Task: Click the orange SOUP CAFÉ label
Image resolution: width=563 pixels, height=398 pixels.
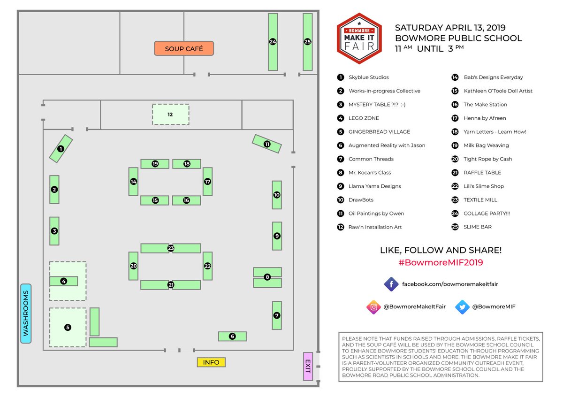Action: [x=184, y=49]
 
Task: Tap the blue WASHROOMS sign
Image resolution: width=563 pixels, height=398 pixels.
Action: [x=26, y=314]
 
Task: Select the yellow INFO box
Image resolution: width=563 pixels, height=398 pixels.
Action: [x=211, y=362]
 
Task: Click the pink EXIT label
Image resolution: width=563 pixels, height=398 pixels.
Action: [x=308, y=366]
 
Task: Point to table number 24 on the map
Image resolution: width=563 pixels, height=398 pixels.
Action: [x=273, y=42]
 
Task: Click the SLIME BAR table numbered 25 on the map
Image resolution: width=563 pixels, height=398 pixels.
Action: [x=307, y=42]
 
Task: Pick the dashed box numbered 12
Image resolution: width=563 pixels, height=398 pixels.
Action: [x=170, y=115]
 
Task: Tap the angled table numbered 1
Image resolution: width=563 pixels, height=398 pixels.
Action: [x=61, y=149]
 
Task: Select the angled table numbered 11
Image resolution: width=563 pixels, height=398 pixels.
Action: [x=267, y=144]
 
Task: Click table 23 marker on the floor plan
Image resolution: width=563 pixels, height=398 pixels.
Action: [x=171, y=248]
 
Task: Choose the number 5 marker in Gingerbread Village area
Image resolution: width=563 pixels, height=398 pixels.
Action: [x=68, y=328]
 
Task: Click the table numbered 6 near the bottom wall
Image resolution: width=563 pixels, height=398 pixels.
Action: [x=232, y=336]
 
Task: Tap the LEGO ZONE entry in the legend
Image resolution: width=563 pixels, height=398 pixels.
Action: [x=364, y=118]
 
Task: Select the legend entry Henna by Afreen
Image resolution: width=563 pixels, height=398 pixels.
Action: [x=485, y=118]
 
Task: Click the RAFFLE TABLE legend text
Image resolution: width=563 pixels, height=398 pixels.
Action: [x=482, y=173]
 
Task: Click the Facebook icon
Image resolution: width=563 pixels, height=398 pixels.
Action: [x=391, y=284]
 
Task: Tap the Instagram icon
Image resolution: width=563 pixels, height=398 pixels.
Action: [x=373, y=307]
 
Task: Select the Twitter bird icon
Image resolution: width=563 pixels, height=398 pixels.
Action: [x=462, y=307]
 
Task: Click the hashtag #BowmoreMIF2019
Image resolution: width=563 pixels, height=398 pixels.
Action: [x=441, y=263]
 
